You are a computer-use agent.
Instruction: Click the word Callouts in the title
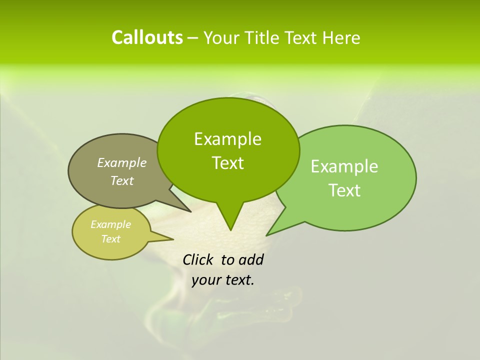click(x=147, y=37)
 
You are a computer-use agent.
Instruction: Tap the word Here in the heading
click(x=341, y=38)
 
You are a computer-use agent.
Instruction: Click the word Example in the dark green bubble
click(x=227, y=139)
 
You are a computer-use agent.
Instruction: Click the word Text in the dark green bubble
click(x=227, y=163)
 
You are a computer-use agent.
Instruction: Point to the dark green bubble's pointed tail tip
click(x=230, y=230)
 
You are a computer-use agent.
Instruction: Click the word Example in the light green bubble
click(x=344, y=166)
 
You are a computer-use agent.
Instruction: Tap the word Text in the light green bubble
click(x=344, y=190)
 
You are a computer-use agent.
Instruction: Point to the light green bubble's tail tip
click(x=267, y=235)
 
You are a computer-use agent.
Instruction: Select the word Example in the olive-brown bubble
click(x=122, y=162)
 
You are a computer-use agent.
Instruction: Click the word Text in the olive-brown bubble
click(x=122, y=180)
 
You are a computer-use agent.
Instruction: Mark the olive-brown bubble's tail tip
click(x=190, y=211)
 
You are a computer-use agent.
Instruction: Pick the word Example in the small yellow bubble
click(x=110, y=224)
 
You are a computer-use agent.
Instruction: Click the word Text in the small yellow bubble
click(x=110, y=239)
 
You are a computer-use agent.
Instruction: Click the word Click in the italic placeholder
click(x=198, y=259)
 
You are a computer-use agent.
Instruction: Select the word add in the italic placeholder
click(x=251, y=259)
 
